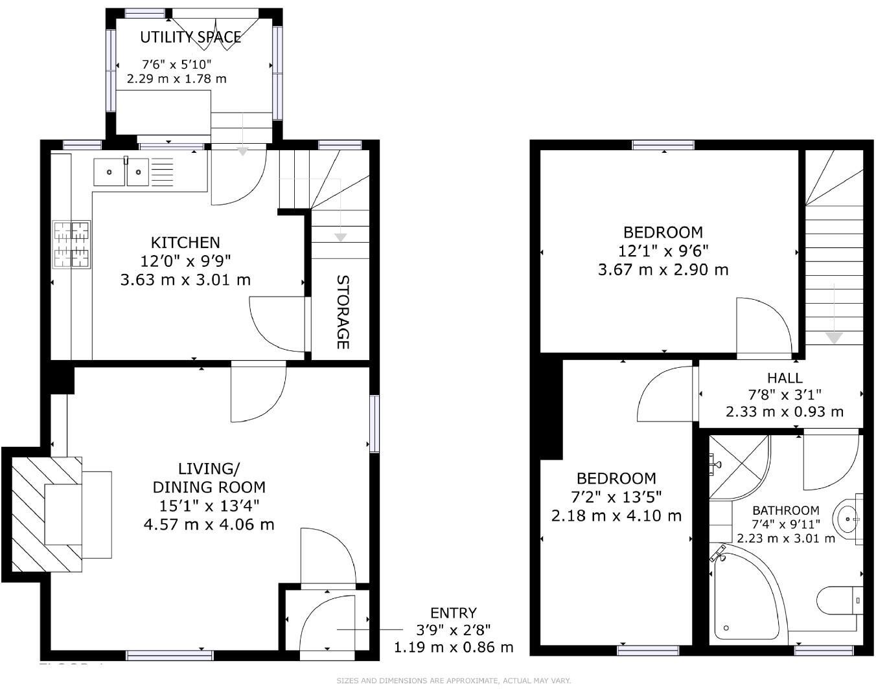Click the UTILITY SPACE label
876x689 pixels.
[x=190, y=38]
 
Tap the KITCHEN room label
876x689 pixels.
[x=185, y=243]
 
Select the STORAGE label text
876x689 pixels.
[x=343, y=312]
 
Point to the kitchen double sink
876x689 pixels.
[x=121, y=172]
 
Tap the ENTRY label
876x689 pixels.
[x=454, y=613]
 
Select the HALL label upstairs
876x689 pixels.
[x=785, y=378]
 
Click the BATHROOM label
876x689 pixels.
[x=785, y=510]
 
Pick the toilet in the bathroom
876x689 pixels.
[x=839, y=600]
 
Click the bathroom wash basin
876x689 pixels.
[x=849, y=519]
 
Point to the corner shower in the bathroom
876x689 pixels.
[x=738, y=466]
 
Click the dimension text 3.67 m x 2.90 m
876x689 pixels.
[x=663, y=269]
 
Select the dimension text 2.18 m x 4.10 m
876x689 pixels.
[x=616, y=516]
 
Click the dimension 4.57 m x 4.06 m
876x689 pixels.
[x=209, y=524]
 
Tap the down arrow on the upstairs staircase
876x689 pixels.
[x=833, y=337]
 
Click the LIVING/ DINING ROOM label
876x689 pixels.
[x=209, y=477]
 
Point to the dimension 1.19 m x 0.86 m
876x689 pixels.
[x=454, y=646]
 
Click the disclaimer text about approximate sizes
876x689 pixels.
[x=454, y=681]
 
